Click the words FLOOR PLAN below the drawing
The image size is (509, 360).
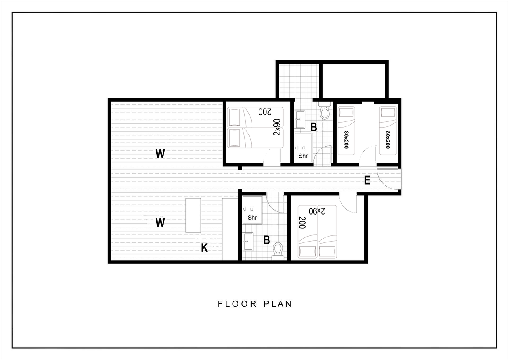pyautogui.click(x=255, y=304)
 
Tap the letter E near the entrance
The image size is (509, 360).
pyautogui.click(x=367, y=180)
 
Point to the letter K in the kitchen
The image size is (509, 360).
pyautogui.click(x=204, y=248)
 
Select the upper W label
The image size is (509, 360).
pyautogui.click(x=160, y=154)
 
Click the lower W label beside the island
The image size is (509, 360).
pyautogui.click(x=160, y=223)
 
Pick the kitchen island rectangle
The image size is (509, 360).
pyautogui.click(x=193, y=216)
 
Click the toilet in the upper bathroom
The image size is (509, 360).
pyautogui.click(x=325, y=110)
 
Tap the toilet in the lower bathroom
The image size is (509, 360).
pyautogui.click(x=278, y=251)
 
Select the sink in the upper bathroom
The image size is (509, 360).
pyautogui.click(x=300, y=120)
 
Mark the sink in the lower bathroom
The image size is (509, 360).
pyautogui.click(x=248, y=242)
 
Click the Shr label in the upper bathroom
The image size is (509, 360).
pyautogui.click(x=303, y=156)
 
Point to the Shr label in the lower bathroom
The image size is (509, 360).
pyautogui.click(x=252, y=218)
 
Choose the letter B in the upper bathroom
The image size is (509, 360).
pyautogui.click(x=314, y=127)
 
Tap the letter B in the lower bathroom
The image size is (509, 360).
pyautogui.click(x=266, y=240)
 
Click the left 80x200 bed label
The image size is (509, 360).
pyautogui.click(x=346, y=140)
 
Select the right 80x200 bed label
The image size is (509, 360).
pyautogui.click(x=388, y=140)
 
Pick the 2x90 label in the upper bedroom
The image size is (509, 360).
pyautogui.click(x=277, y=127)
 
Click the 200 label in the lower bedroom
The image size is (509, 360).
pyautogui.click(x=302, y=223)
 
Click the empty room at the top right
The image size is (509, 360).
pyautogui.click(x=354, y=81)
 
